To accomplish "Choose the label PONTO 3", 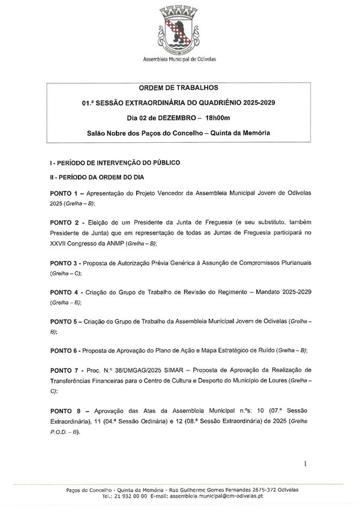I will click(66, 264).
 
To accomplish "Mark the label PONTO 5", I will click(66, 322).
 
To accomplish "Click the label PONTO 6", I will click(66, 350).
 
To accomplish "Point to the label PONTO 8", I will click(66, 411).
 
